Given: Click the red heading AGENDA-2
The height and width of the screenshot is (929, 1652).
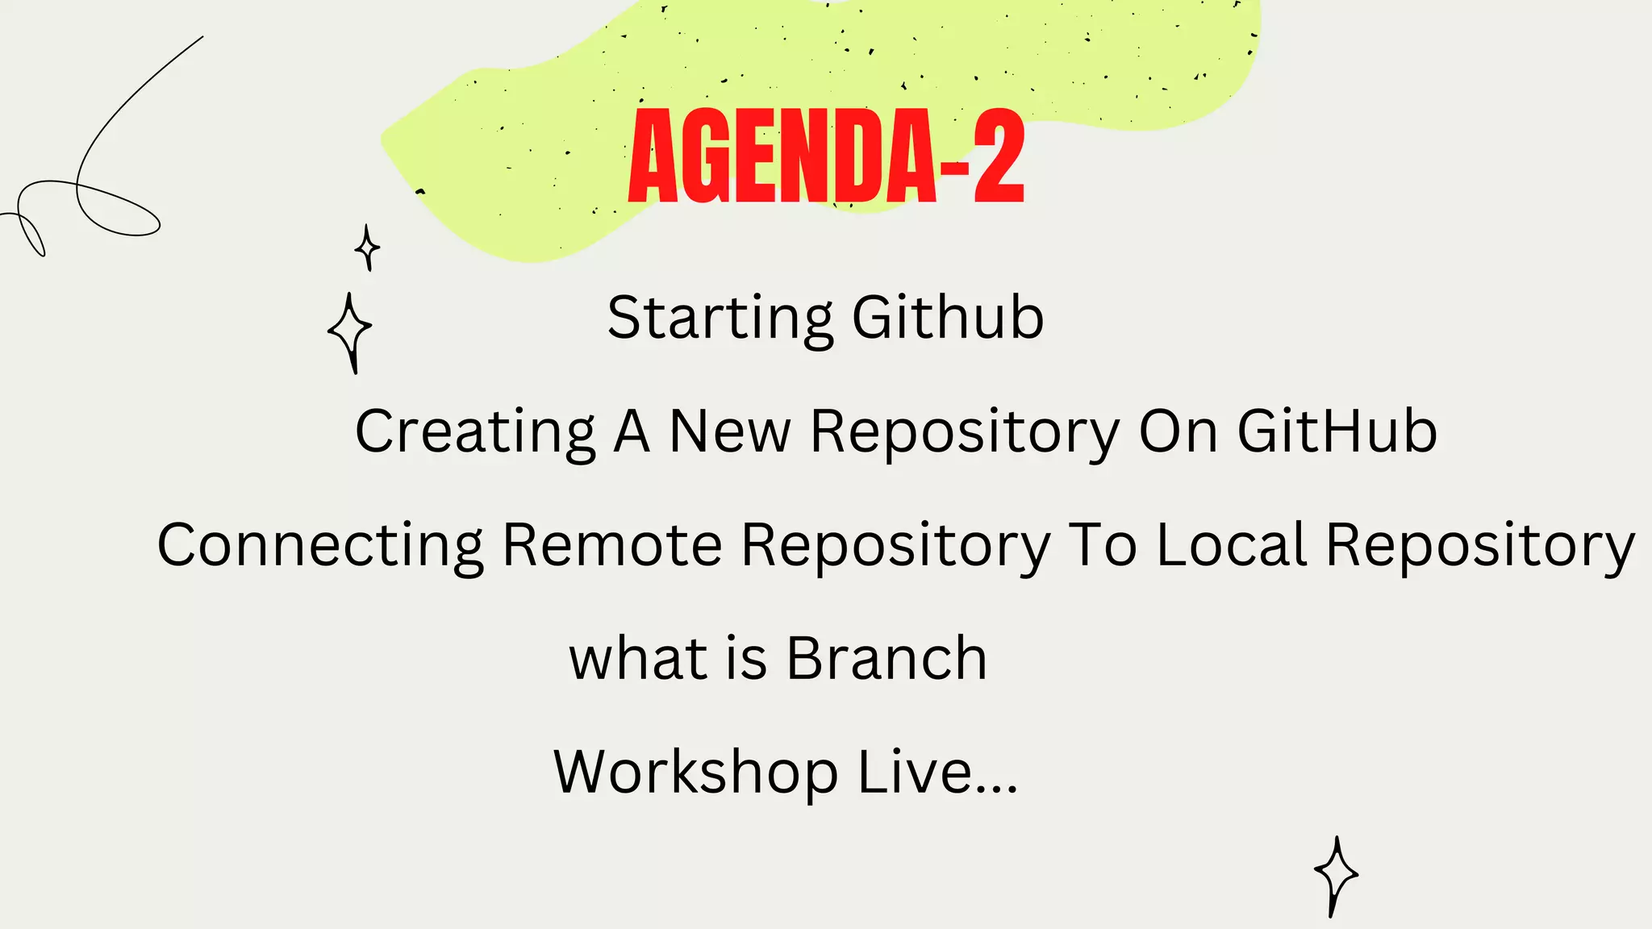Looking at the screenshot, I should tap(826, 157).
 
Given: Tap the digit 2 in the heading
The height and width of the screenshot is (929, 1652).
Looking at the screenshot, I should tap(999, 157).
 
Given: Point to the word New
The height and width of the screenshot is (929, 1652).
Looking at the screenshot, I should tap(730, 431).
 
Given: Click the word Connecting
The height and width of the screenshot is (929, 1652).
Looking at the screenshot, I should tap(320, 546).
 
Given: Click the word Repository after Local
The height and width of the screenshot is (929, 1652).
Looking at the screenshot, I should tap(1480, 546).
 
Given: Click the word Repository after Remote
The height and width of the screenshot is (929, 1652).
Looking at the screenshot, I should tap(896, 546).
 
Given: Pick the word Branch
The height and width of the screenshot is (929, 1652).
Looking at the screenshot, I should tap(886, 658).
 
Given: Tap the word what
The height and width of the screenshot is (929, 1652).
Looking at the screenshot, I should tap(638, 658).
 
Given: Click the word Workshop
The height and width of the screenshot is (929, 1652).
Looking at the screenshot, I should tap(695, 773).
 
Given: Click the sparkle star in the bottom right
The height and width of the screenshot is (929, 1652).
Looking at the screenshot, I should tap(1336, 875).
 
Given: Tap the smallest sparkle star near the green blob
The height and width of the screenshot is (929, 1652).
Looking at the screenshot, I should tap(368, 247).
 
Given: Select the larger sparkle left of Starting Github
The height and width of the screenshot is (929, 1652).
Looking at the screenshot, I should tap(350, 331).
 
